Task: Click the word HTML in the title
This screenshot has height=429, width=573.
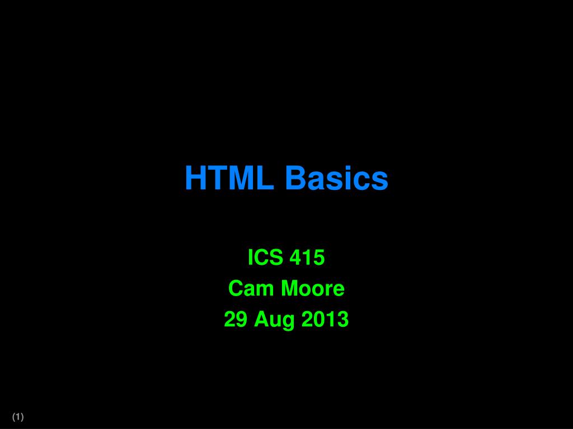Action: [229, 178]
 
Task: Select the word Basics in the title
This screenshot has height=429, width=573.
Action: [336, 178]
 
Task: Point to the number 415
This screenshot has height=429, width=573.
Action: [307, 258]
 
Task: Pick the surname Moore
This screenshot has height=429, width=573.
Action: [312, 289]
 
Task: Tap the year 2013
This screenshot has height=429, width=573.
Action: [325, 320]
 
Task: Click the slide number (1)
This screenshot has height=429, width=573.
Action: [18, 417]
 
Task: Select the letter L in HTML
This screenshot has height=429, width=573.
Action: [266, 178]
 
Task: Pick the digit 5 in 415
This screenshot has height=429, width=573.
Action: [319, 258]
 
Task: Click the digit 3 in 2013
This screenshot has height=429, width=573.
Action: [343, 320]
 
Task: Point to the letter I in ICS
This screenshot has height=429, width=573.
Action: [251, 258]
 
